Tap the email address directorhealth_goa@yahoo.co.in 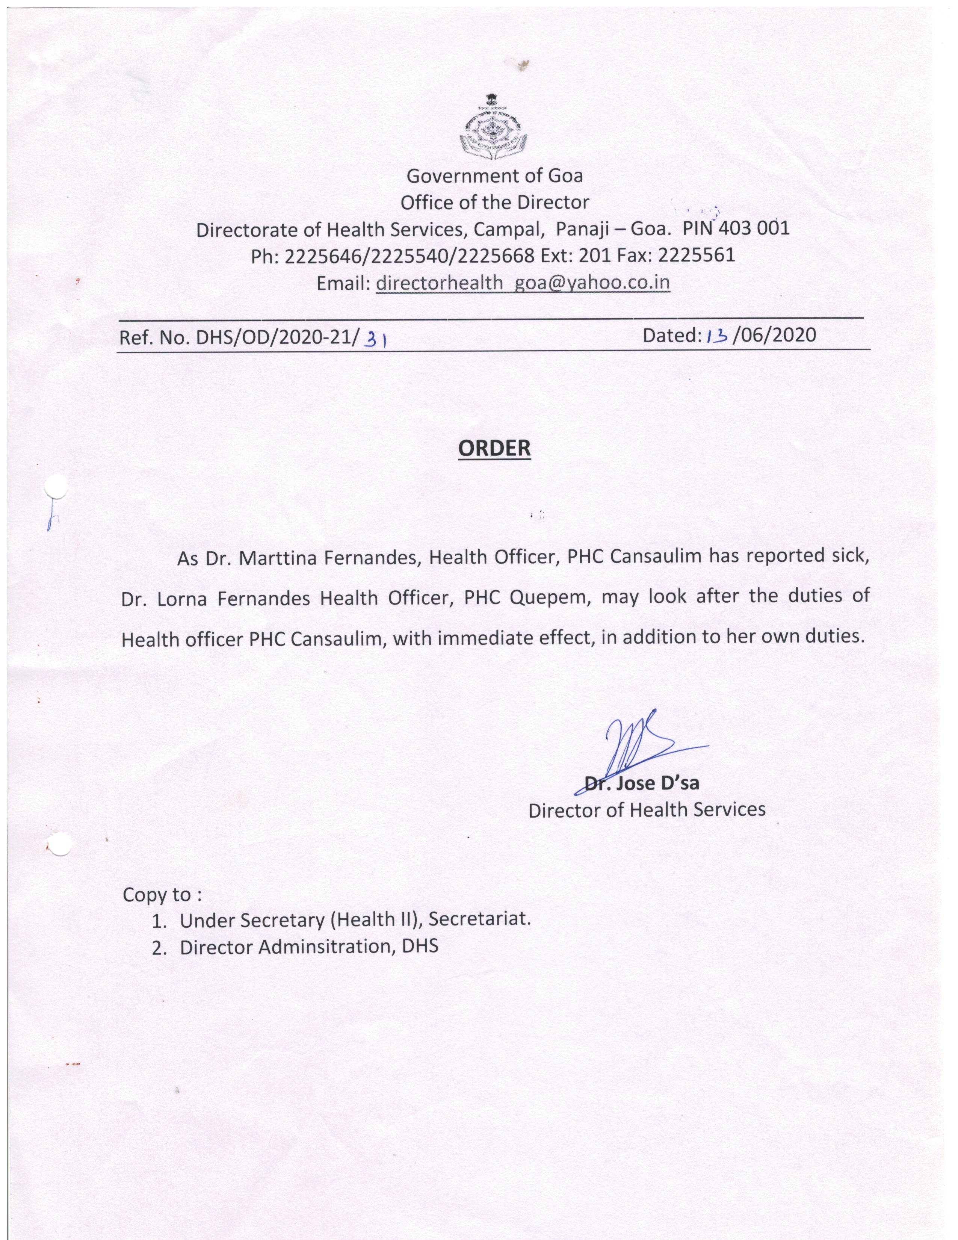click(x=523, y=283)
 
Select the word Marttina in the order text click(x=277, y=559)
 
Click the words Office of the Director click(x=494, y=202)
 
